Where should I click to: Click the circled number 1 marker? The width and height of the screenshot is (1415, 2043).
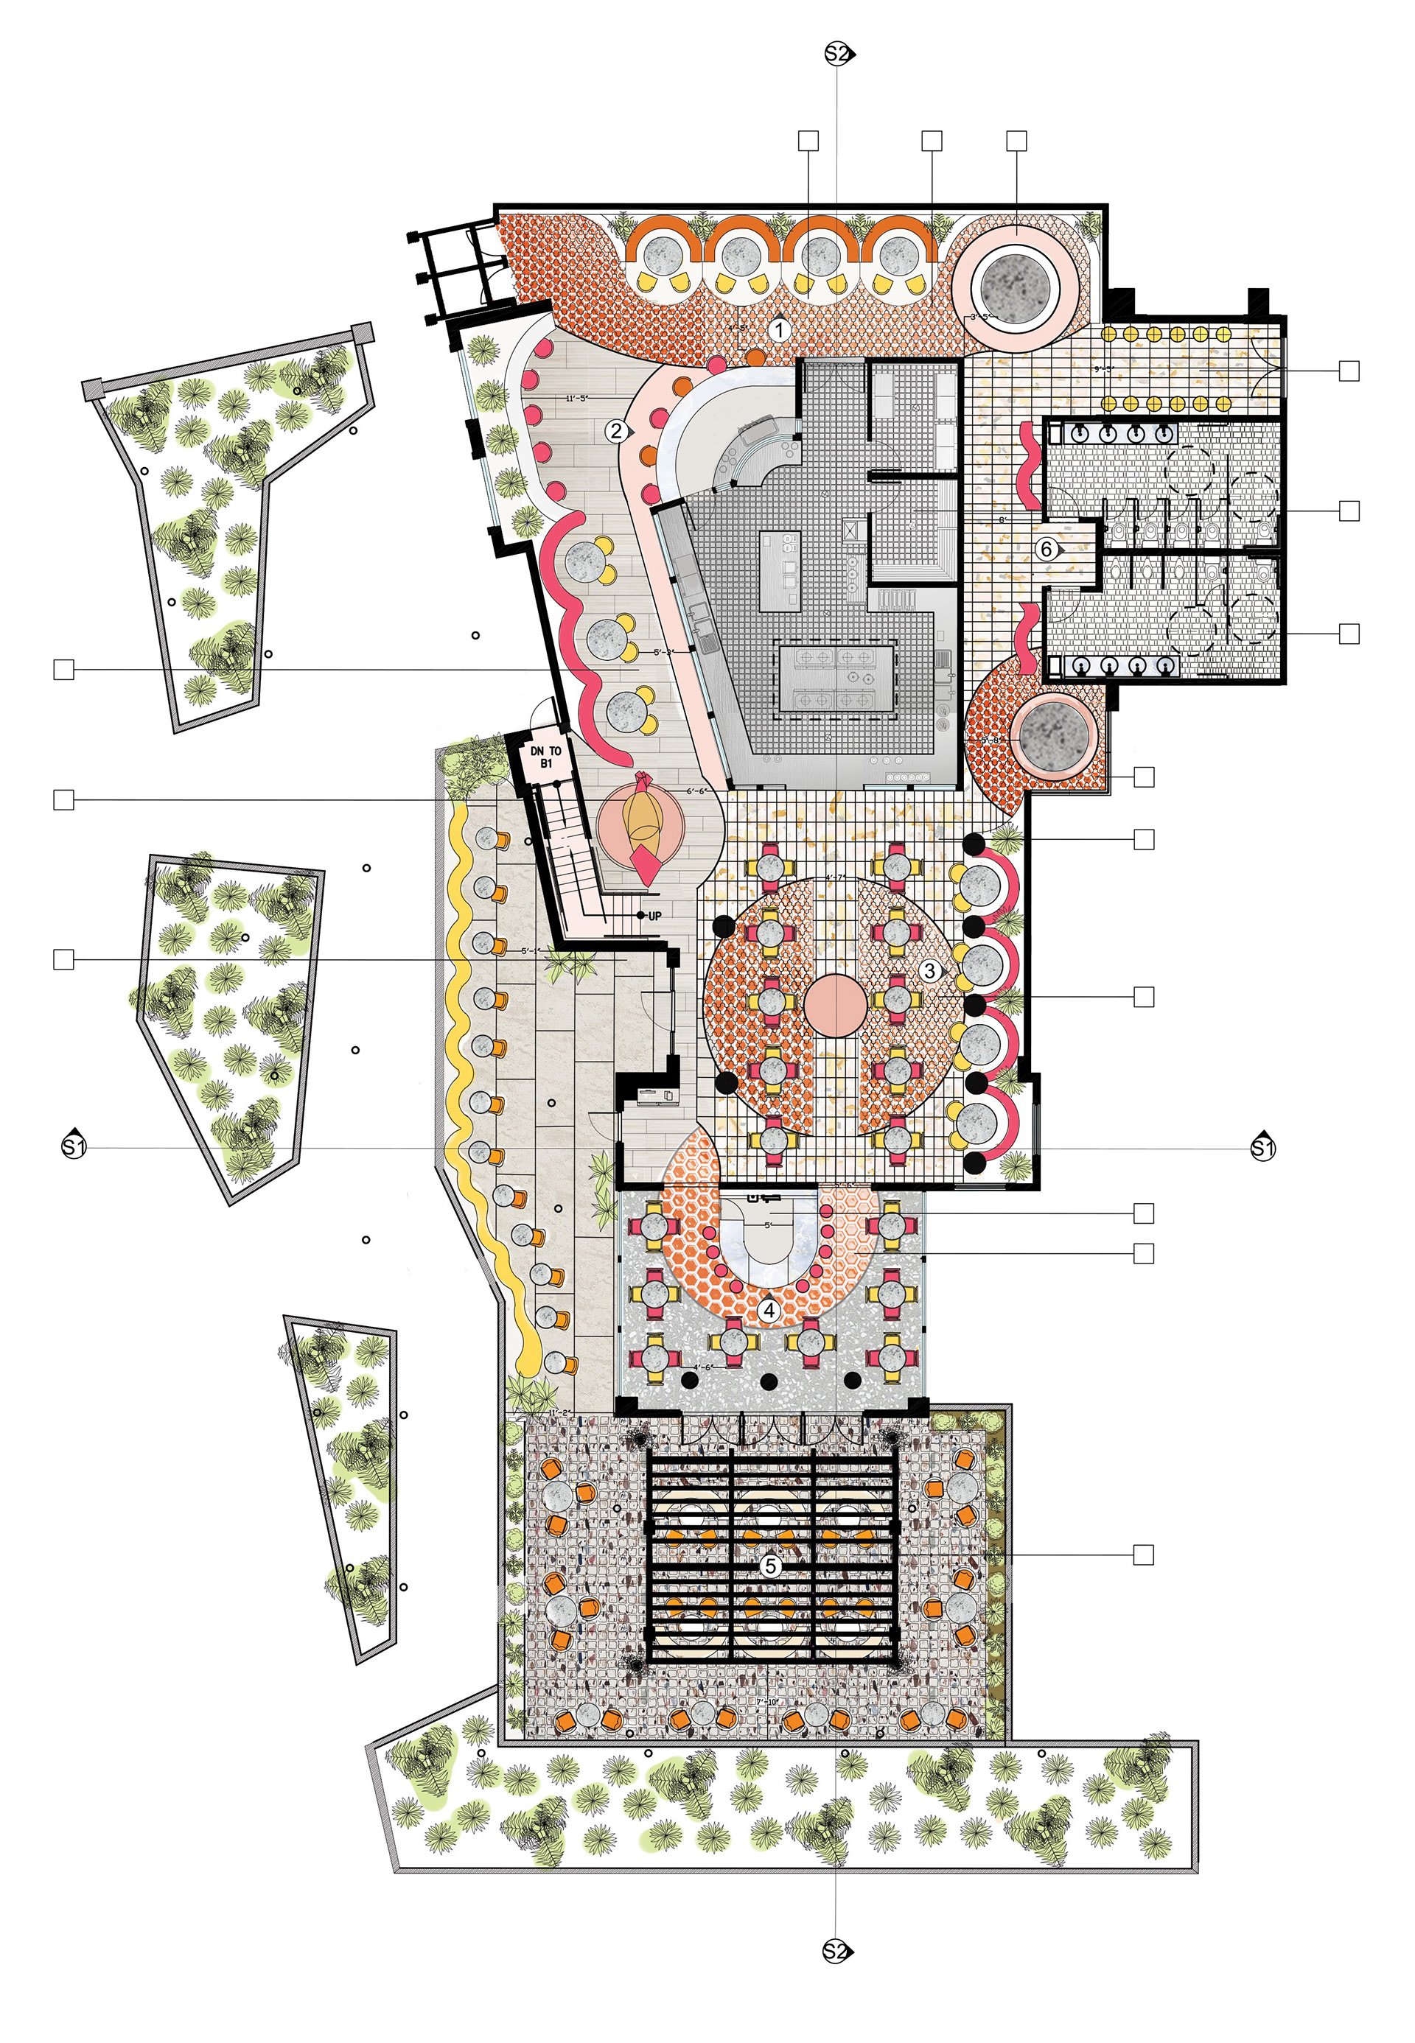pos(778,331)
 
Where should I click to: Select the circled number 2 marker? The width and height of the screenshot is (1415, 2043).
pos(616,432)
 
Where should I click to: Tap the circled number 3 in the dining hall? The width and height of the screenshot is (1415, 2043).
pos(929,970)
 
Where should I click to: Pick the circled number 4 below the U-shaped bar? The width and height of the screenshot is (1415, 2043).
pos(769,1309)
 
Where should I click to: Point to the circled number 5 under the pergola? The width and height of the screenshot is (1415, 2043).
pos(769,1566)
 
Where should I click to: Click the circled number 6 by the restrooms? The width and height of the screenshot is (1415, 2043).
pos(1047,550)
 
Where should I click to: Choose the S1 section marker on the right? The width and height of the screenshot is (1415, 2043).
pos(1262,1148)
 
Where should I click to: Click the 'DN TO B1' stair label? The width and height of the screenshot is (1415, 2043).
pos(545,756)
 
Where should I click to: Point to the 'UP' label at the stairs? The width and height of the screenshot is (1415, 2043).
pos(654,916)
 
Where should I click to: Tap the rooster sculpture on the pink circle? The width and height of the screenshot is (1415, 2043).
pos(642,824)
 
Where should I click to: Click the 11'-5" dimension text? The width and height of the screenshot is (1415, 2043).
pos(577,399)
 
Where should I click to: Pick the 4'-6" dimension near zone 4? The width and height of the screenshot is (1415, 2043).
pos(703,1367)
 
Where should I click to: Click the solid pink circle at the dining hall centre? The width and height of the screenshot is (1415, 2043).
pos(835,1004)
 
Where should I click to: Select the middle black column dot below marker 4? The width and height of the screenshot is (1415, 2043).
pos(769,1381)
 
